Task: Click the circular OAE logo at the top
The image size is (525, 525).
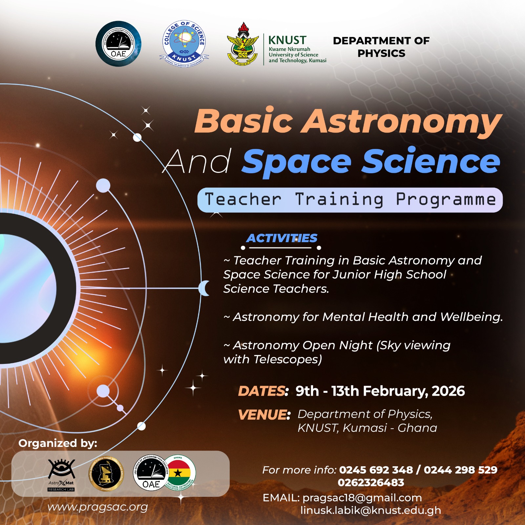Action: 118,44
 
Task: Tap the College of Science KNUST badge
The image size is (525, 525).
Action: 184,43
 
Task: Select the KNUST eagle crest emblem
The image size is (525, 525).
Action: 243,45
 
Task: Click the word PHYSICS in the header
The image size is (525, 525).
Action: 381,53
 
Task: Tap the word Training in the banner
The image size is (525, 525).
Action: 339,199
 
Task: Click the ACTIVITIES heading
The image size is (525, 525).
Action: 282,238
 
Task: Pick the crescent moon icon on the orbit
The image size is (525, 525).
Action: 204,288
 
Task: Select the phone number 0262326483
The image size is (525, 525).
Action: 371,482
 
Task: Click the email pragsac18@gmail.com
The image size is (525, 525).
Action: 362,498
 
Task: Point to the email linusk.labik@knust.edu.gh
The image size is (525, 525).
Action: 371,510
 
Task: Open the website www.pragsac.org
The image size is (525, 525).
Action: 97,507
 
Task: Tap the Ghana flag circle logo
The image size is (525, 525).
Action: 179,472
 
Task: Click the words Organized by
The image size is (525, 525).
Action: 58,443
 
